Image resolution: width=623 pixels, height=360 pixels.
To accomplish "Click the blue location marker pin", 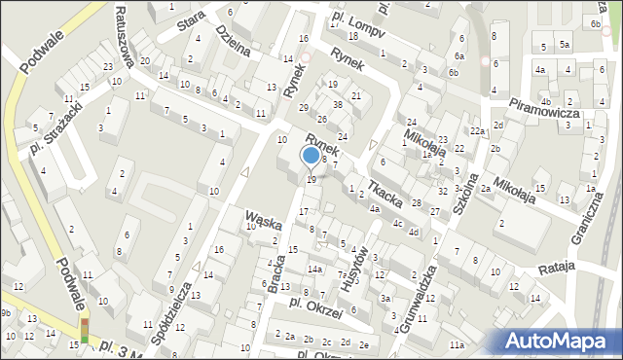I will click(x=311, y=156).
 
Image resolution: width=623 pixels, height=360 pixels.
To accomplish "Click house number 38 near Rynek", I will click(x=337, y=104).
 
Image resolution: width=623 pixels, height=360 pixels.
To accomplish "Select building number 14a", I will click(x=314, y=269).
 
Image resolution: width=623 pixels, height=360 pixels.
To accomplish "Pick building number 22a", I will click(x=477, y=131).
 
